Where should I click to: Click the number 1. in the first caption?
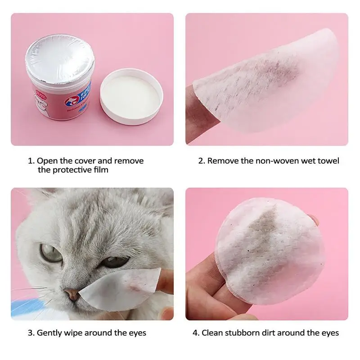(x=31, y=161)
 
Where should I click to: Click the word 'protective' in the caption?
(x=72, y=170)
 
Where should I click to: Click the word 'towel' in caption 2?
(x=329, y=161)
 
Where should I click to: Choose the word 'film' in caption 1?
(x=100, y=170)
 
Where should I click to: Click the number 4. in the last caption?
(x=196, y=333)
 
